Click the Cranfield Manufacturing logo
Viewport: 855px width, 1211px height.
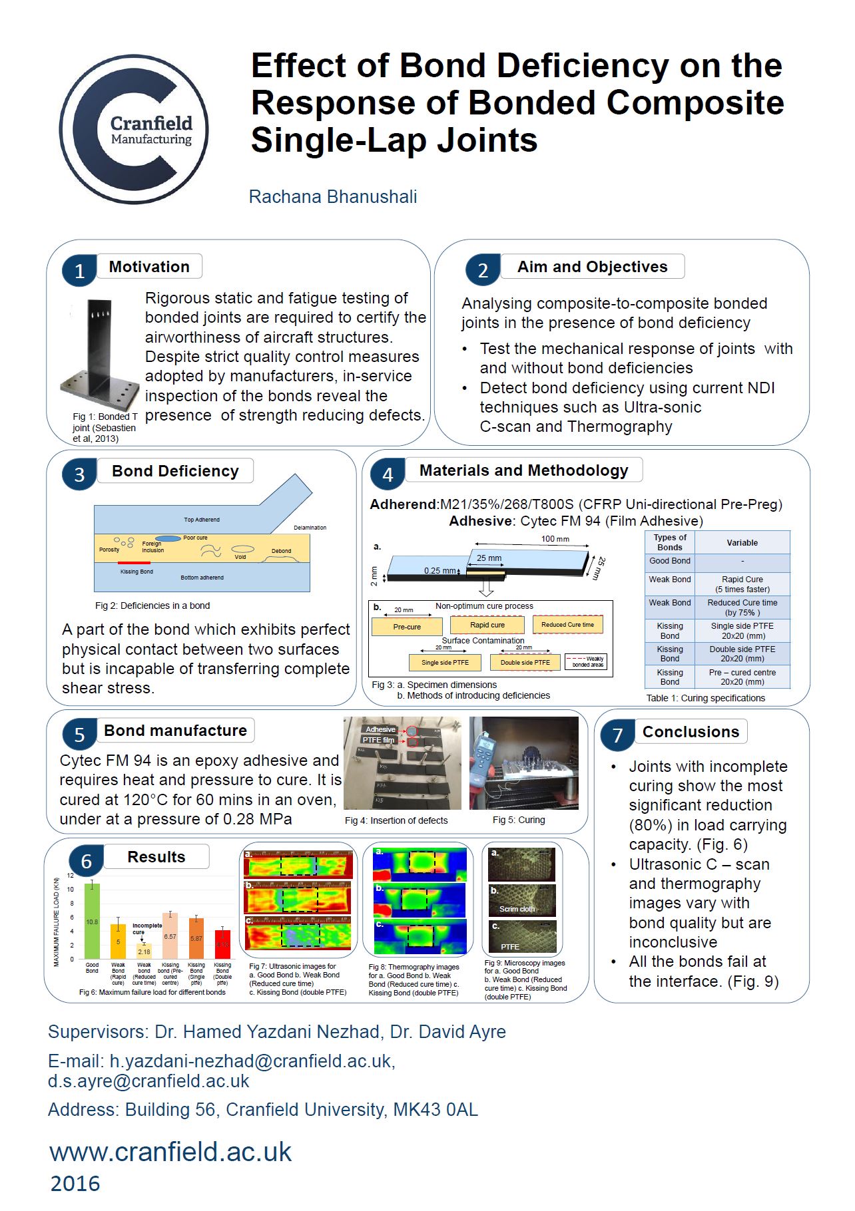coord(134,129)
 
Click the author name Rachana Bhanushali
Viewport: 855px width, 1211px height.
coord(332,197)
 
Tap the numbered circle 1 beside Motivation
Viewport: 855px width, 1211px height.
coord(79,271)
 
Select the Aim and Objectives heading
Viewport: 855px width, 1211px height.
coord(592,267)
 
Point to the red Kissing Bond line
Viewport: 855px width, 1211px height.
coord(134,564)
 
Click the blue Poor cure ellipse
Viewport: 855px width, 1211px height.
coord(168,538)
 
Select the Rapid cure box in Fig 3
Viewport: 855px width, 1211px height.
coord(487,625)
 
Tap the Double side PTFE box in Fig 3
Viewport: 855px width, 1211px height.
coord(525,662)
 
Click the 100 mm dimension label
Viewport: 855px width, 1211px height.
coord(555,539)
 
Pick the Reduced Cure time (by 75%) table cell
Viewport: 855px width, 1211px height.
coord(742,607)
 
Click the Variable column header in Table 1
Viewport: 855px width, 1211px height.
coord(742,543)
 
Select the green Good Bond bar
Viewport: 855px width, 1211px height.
coord(92,921)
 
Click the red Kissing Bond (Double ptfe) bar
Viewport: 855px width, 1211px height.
coord(222,944)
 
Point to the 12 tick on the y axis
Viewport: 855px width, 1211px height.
coord(71,876)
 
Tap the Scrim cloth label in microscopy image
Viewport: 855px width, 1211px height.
coord(517,909)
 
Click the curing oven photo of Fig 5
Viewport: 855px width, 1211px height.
coord(523,763)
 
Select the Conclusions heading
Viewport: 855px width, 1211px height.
coord(690,732)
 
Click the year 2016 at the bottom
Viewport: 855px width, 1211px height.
coord(75,1184)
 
